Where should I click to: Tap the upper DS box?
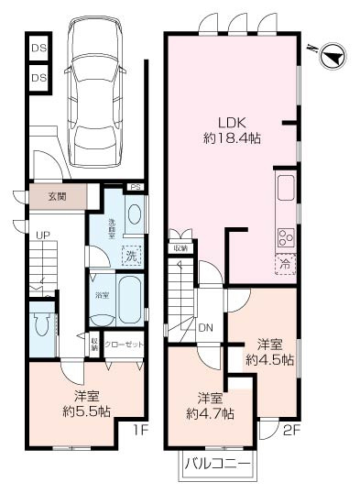[38, 48]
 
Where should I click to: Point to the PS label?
[136, 188]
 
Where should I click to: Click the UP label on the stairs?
[42, 236]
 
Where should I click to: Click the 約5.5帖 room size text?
[87, 412]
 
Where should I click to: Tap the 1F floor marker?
[138, 428]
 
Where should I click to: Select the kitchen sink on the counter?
[285, 188]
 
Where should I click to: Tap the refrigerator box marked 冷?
[284, 263]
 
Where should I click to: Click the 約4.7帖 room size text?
[210, 413]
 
